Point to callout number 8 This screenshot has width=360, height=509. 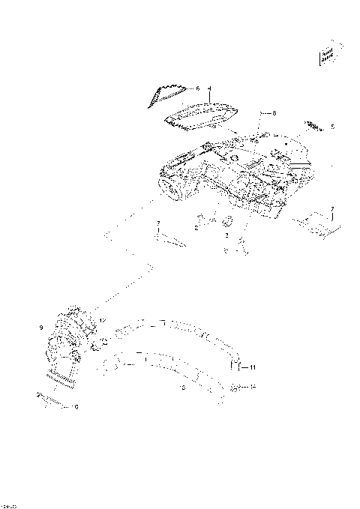274,113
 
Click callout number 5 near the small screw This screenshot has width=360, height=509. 332,127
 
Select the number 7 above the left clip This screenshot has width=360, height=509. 158,223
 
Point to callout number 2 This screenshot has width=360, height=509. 196,228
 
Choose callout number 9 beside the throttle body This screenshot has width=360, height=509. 40,328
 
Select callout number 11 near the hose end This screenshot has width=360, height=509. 253,368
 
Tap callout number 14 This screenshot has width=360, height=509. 253,387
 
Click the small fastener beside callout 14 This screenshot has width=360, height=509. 236,388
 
